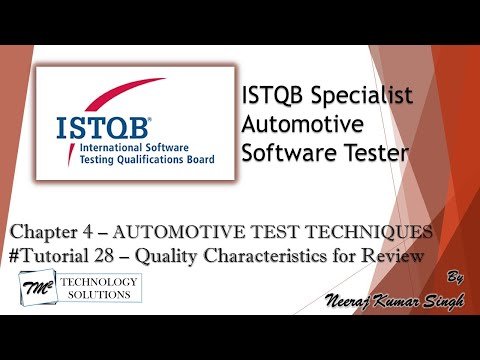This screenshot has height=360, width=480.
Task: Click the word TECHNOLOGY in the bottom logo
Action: pyautogui.click(x=99, y=283)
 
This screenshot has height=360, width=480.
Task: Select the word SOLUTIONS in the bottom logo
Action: pyautogui.click(x=99, y=297)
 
